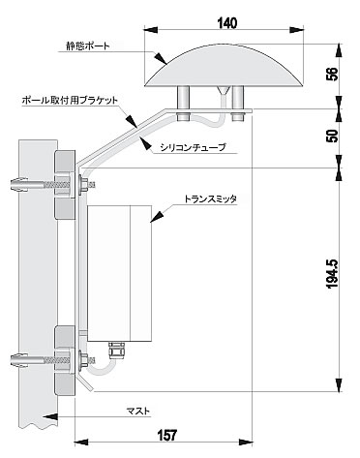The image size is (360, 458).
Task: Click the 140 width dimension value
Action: pos(226,23)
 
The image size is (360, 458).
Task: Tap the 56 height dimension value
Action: pos(333,74)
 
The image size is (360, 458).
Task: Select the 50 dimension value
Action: pos(333,136)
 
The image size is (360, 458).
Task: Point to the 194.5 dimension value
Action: pos(332,273)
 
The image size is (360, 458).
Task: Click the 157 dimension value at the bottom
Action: pos(167,435)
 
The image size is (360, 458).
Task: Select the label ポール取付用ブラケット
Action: pos(70,100)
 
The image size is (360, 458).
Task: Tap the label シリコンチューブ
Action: pos(193,147)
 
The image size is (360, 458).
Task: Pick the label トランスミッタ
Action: pos(210,199)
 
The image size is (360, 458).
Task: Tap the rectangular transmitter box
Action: pos(119,273)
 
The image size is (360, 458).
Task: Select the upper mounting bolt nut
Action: pos(84,184)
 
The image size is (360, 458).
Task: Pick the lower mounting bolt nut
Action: pos(84,360)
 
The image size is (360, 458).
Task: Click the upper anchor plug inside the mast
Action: pos(19,185)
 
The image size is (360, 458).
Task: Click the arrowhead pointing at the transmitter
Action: pos(158,217)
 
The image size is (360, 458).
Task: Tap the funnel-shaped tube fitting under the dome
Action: pos(224,91)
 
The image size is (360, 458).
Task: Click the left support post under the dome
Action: pos(184,98)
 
